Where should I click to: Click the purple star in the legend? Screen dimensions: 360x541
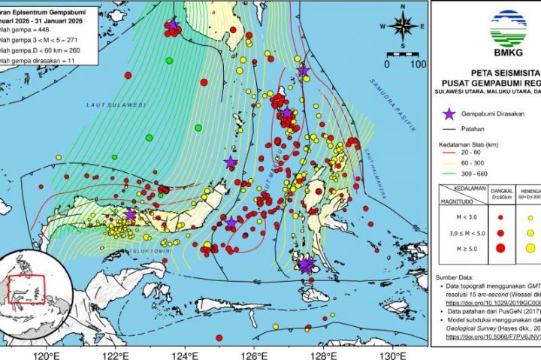click(449, 113)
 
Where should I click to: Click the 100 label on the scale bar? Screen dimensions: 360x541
click(418, 64)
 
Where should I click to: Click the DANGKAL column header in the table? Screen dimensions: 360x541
click(502, 192)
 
